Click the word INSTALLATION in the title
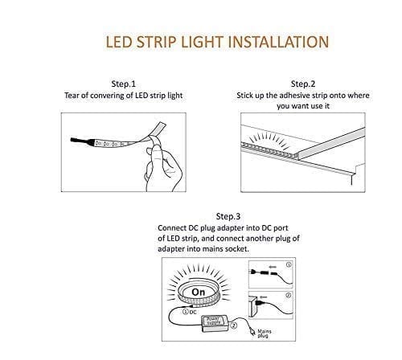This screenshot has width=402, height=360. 279,42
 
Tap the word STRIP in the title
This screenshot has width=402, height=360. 157,42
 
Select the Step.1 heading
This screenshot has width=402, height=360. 124,84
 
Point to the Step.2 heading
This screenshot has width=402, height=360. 303,84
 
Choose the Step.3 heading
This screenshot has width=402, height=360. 228,216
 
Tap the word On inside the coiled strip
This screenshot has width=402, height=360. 199,292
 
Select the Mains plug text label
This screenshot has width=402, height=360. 264,333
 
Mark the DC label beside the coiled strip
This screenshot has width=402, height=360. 193,312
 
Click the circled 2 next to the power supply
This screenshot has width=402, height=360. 234,325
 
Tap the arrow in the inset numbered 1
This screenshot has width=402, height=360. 273,267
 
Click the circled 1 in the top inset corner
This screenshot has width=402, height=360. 289,264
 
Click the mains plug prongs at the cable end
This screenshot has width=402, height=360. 252,332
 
